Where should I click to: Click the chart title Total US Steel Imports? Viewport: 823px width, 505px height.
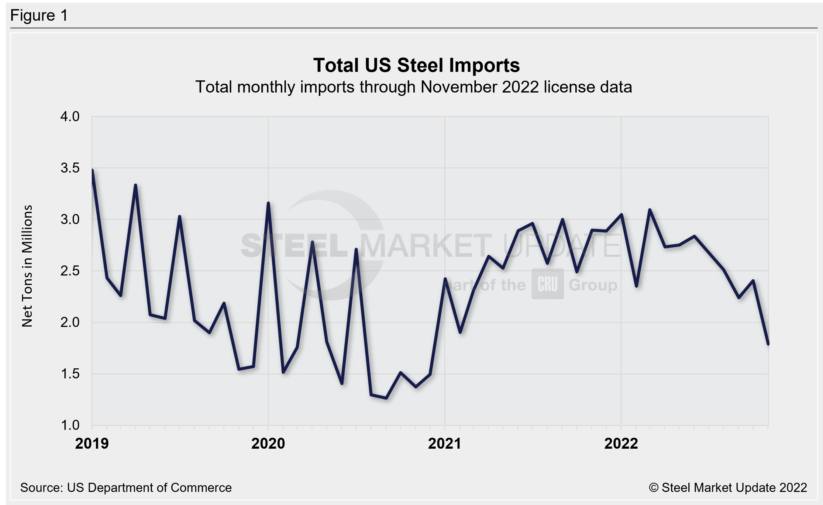(x=416, y=65)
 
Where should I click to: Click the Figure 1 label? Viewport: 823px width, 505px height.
(x=39, y=16)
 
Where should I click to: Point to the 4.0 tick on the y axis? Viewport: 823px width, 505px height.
(x=70, y=116)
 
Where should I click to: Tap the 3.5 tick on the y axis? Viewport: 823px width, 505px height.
(x=70, y=168)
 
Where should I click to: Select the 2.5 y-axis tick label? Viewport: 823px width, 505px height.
(x=70, y=271)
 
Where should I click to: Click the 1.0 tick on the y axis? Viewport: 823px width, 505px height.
(x=70, y=426)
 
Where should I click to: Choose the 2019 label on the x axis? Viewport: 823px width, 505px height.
(x=92, y=444)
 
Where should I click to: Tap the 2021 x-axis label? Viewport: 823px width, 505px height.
(x=445, y=444)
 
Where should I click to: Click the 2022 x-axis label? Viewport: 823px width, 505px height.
(x=621, y=444)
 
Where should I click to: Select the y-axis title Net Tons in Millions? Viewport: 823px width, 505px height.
(x=27, y=266)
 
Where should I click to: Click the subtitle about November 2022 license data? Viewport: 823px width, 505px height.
(x=414, y=87)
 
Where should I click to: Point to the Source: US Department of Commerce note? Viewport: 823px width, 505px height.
(x=126, y=488)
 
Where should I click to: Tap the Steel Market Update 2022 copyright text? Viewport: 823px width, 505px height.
(x=728, y=488)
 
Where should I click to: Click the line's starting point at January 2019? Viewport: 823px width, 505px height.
(x=92, y=170)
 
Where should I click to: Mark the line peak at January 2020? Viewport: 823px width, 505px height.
(x=268, y=203)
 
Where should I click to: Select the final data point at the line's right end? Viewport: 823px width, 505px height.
(x=768, y=344)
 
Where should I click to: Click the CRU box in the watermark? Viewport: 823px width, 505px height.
(x=547, y=284)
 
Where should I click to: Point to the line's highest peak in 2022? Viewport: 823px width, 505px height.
(x=650, y=210)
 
